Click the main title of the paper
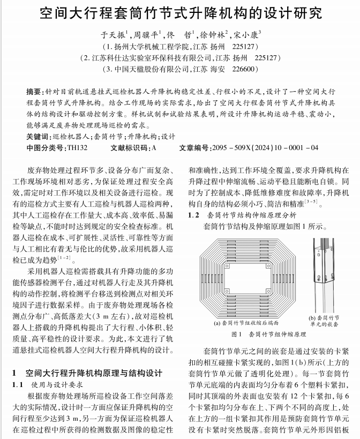click(180, 12)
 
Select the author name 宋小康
click(247, 35)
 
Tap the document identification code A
click(154, 147)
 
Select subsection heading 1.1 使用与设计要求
click(51, 384)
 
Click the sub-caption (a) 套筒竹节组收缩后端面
click(246, 323)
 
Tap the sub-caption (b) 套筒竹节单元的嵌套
click(327, 321)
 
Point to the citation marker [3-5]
click(309, 202)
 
